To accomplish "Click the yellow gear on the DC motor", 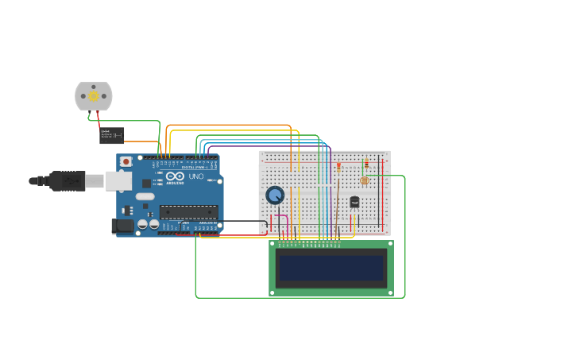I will pyautogui.click(x=94, y=96).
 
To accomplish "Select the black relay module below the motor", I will pyautogui.click(x=111, y=135).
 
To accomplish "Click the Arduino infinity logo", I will pyautogui.click(x=176, y=176).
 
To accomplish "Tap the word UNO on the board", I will pyautogui.click(x=196, y=176).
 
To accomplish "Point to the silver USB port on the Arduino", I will pyautogui.click(x=118, y=181).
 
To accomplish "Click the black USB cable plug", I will pyautogui.click(x=68, y=181).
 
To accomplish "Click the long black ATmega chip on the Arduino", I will pyautogui.click(x=188, y=211).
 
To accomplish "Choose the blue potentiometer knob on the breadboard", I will pyautogui.click(x=275, y=195).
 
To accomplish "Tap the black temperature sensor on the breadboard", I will pyautogui.click(x=354, y=202).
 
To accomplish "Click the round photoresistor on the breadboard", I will pyautogui.click(x=365, y=180).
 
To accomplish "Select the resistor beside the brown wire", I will pyautogui.click(x=338, y=167).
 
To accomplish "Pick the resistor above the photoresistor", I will pyautogui.click(x=366, y=164).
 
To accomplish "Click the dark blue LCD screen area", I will pyautogui.click(x=331, y=268).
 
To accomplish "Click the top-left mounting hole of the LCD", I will pyautogui.click(x=273, y=243).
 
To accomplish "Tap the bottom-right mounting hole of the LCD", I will pyautogui.click(x=390, y=292).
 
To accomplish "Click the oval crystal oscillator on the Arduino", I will pyautogui.click(x=145, y=196).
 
